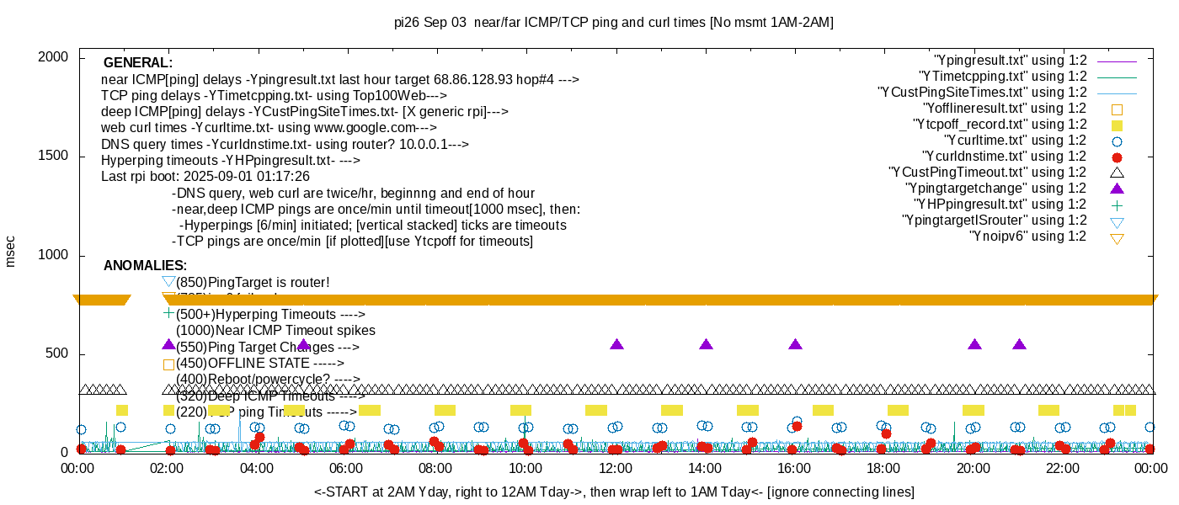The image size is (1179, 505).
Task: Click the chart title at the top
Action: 614,23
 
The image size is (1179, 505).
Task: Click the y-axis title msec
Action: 10,250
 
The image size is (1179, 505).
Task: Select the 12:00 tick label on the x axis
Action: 616,468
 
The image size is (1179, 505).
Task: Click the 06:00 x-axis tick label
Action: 346,468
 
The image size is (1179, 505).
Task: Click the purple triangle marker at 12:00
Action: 616,344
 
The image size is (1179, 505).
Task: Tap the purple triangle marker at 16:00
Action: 796,344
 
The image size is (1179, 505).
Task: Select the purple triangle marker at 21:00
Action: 1020,344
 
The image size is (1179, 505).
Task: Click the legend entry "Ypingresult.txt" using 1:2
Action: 1011,61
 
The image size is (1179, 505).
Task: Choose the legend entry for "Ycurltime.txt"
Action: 1016,141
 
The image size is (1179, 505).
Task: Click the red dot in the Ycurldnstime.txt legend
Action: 1117,157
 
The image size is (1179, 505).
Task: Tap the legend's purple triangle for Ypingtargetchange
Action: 1117,189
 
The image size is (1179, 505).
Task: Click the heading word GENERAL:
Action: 138,63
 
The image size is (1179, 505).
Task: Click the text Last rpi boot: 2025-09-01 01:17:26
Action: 205,177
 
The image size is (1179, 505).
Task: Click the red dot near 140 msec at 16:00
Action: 797,427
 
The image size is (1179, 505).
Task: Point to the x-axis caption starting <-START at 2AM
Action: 614,492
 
